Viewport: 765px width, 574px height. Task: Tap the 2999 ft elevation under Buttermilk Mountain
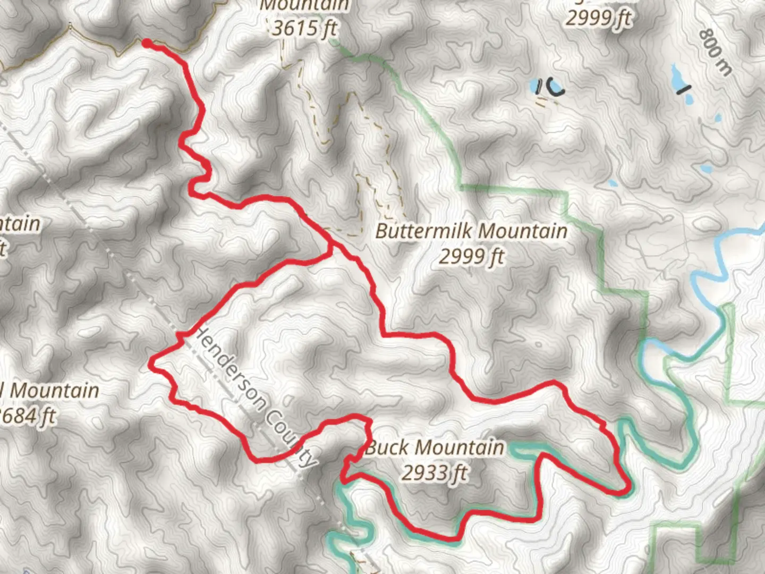[x=471, y=257]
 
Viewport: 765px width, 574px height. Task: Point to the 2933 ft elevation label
[x=434, y=472]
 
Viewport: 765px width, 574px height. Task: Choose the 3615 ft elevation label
[x=304, y=28]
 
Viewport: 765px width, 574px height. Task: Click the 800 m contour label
[x=715, y=52]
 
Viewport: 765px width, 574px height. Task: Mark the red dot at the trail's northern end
[x=146, y=43]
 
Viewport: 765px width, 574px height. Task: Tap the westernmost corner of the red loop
[x=152, y=364]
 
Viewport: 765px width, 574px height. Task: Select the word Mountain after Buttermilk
[x=524, y=231]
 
